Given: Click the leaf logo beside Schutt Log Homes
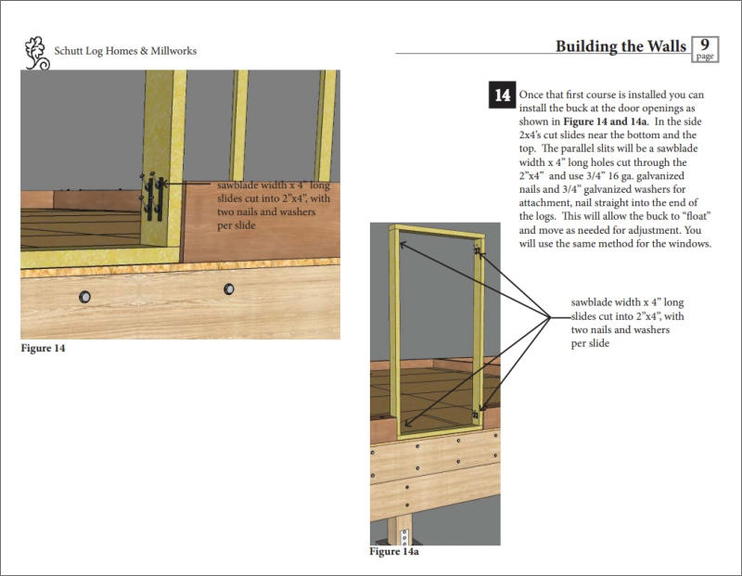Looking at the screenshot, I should pos(35,53).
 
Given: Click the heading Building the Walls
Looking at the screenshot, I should pos(620,46).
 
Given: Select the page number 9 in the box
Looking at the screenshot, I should pos(705,45).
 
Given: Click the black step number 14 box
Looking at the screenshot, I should pos(501,96).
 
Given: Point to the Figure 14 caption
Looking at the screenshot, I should pos(43,349).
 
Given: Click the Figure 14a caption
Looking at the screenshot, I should pos(394,552).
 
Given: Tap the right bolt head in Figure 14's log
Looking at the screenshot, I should pos(229,289).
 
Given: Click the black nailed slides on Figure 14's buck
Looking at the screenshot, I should pos(154,196).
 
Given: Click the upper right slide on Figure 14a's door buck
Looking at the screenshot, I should pos(477,251).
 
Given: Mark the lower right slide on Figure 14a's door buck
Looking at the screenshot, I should pos(476,414).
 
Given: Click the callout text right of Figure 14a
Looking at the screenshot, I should pos(627,323).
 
